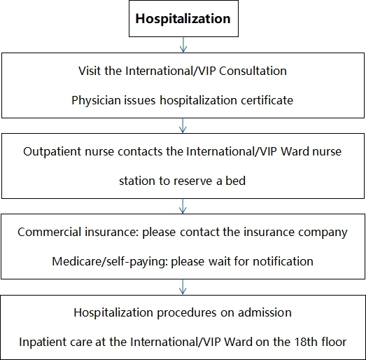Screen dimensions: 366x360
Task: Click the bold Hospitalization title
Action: pyautogui.click(x=183, y=19)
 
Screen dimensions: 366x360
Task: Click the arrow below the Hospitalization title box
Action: pyautogui.click(x=183, y=44)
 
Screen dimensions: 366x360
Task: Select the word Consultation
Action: pyautogui.click(x=253, y=71)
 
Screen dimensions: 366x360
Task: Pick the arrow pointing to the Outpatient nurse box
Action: pyautogui.click(x=183, y=125)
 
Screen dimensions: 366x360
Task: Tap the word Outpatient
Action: pyautogui.click(x=52, y=151)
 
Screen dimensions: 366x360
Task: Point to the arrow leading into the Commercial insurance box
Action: pyautogui.click(x=183, y=206)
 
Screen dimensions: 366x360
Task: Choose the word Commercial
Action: pyautogui.click(x=48, y=232)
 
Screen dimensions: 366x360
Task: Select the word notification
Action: pyautogui.click(x=283, y=261)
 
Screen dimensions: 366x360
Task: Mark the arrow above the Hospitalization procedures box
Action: pyautogui.click(x=183, y=286)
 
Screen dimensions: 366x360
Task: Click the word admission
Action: pyautogui.click(x=265, y=312)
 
